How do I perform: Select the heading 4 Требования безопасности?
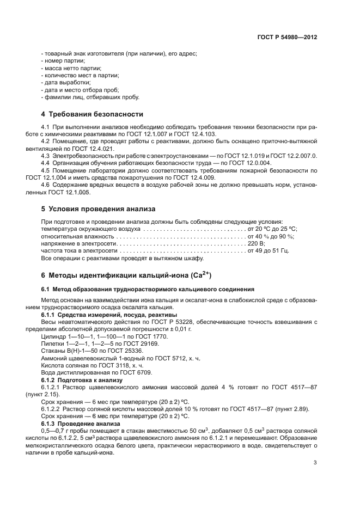tap(92, 114)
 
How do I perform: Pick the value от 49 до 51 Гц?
tap(268, 251)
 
